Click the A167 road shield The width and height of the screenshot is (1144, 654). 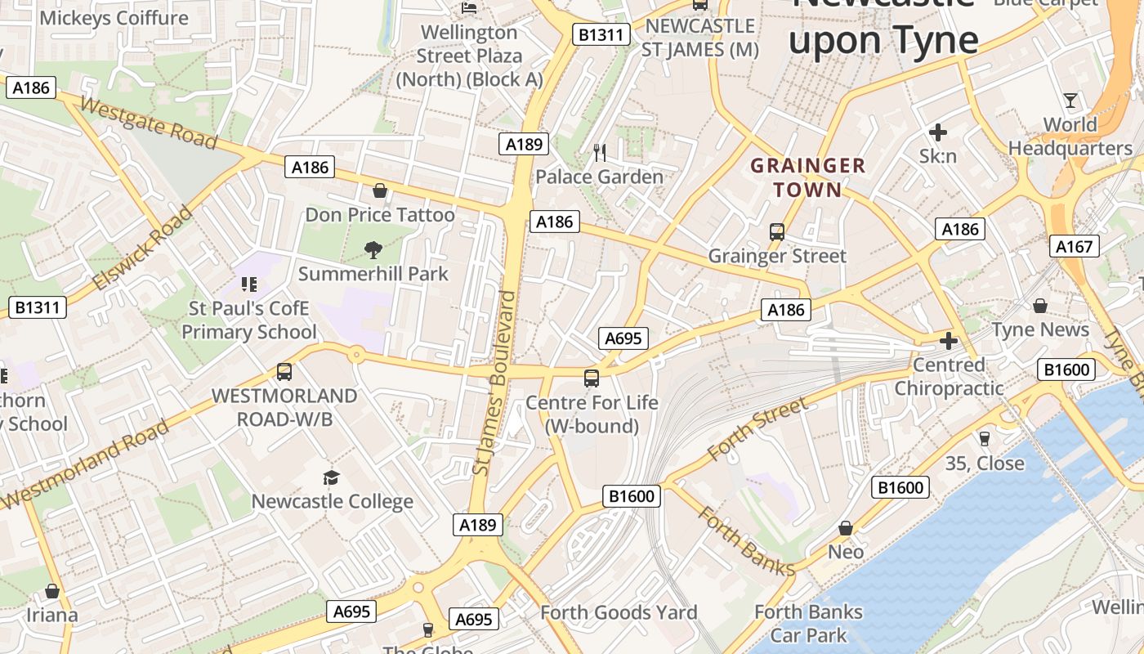(1074, 246)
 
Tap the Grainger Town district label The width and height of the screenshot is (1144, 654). (807, 178)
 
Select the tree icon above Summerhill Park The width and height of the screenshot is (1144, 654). (373, 249)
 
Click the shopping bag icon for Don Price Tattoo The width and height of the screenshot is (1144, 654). (380, 191)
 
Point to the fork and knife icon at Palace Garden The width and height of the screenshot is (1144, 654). (600, 152)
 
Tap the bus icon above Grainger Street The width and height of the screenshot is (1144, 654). (777, 232)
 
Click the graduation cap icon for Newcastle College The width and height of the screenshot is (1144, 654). (331, 477)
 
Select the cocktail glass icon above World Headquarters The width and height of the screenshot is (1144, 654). (1070, 101)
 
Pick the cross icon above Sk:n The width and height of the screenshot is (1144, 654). (938, 132)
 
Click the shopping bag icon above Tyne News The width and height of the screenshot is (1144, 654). (1040, 306)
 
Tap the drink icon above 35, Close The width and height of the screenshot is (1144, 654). (984, 439)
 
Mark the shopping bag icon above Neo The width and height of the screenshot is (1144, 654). (846, 528)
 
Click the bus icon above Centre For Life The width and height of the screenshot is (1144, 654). (592, 379)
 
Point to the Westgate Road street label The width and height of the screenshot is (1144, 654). (149, 123)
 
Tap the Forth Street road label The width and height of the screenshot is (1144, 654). (757, 428)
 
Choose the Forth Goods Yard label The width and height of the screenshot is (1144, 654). (619, 612)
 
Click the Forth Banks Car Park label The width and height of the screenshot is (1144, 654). (808, 623)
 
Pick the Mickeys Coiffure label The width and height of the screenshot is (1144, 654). (114, 18)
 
